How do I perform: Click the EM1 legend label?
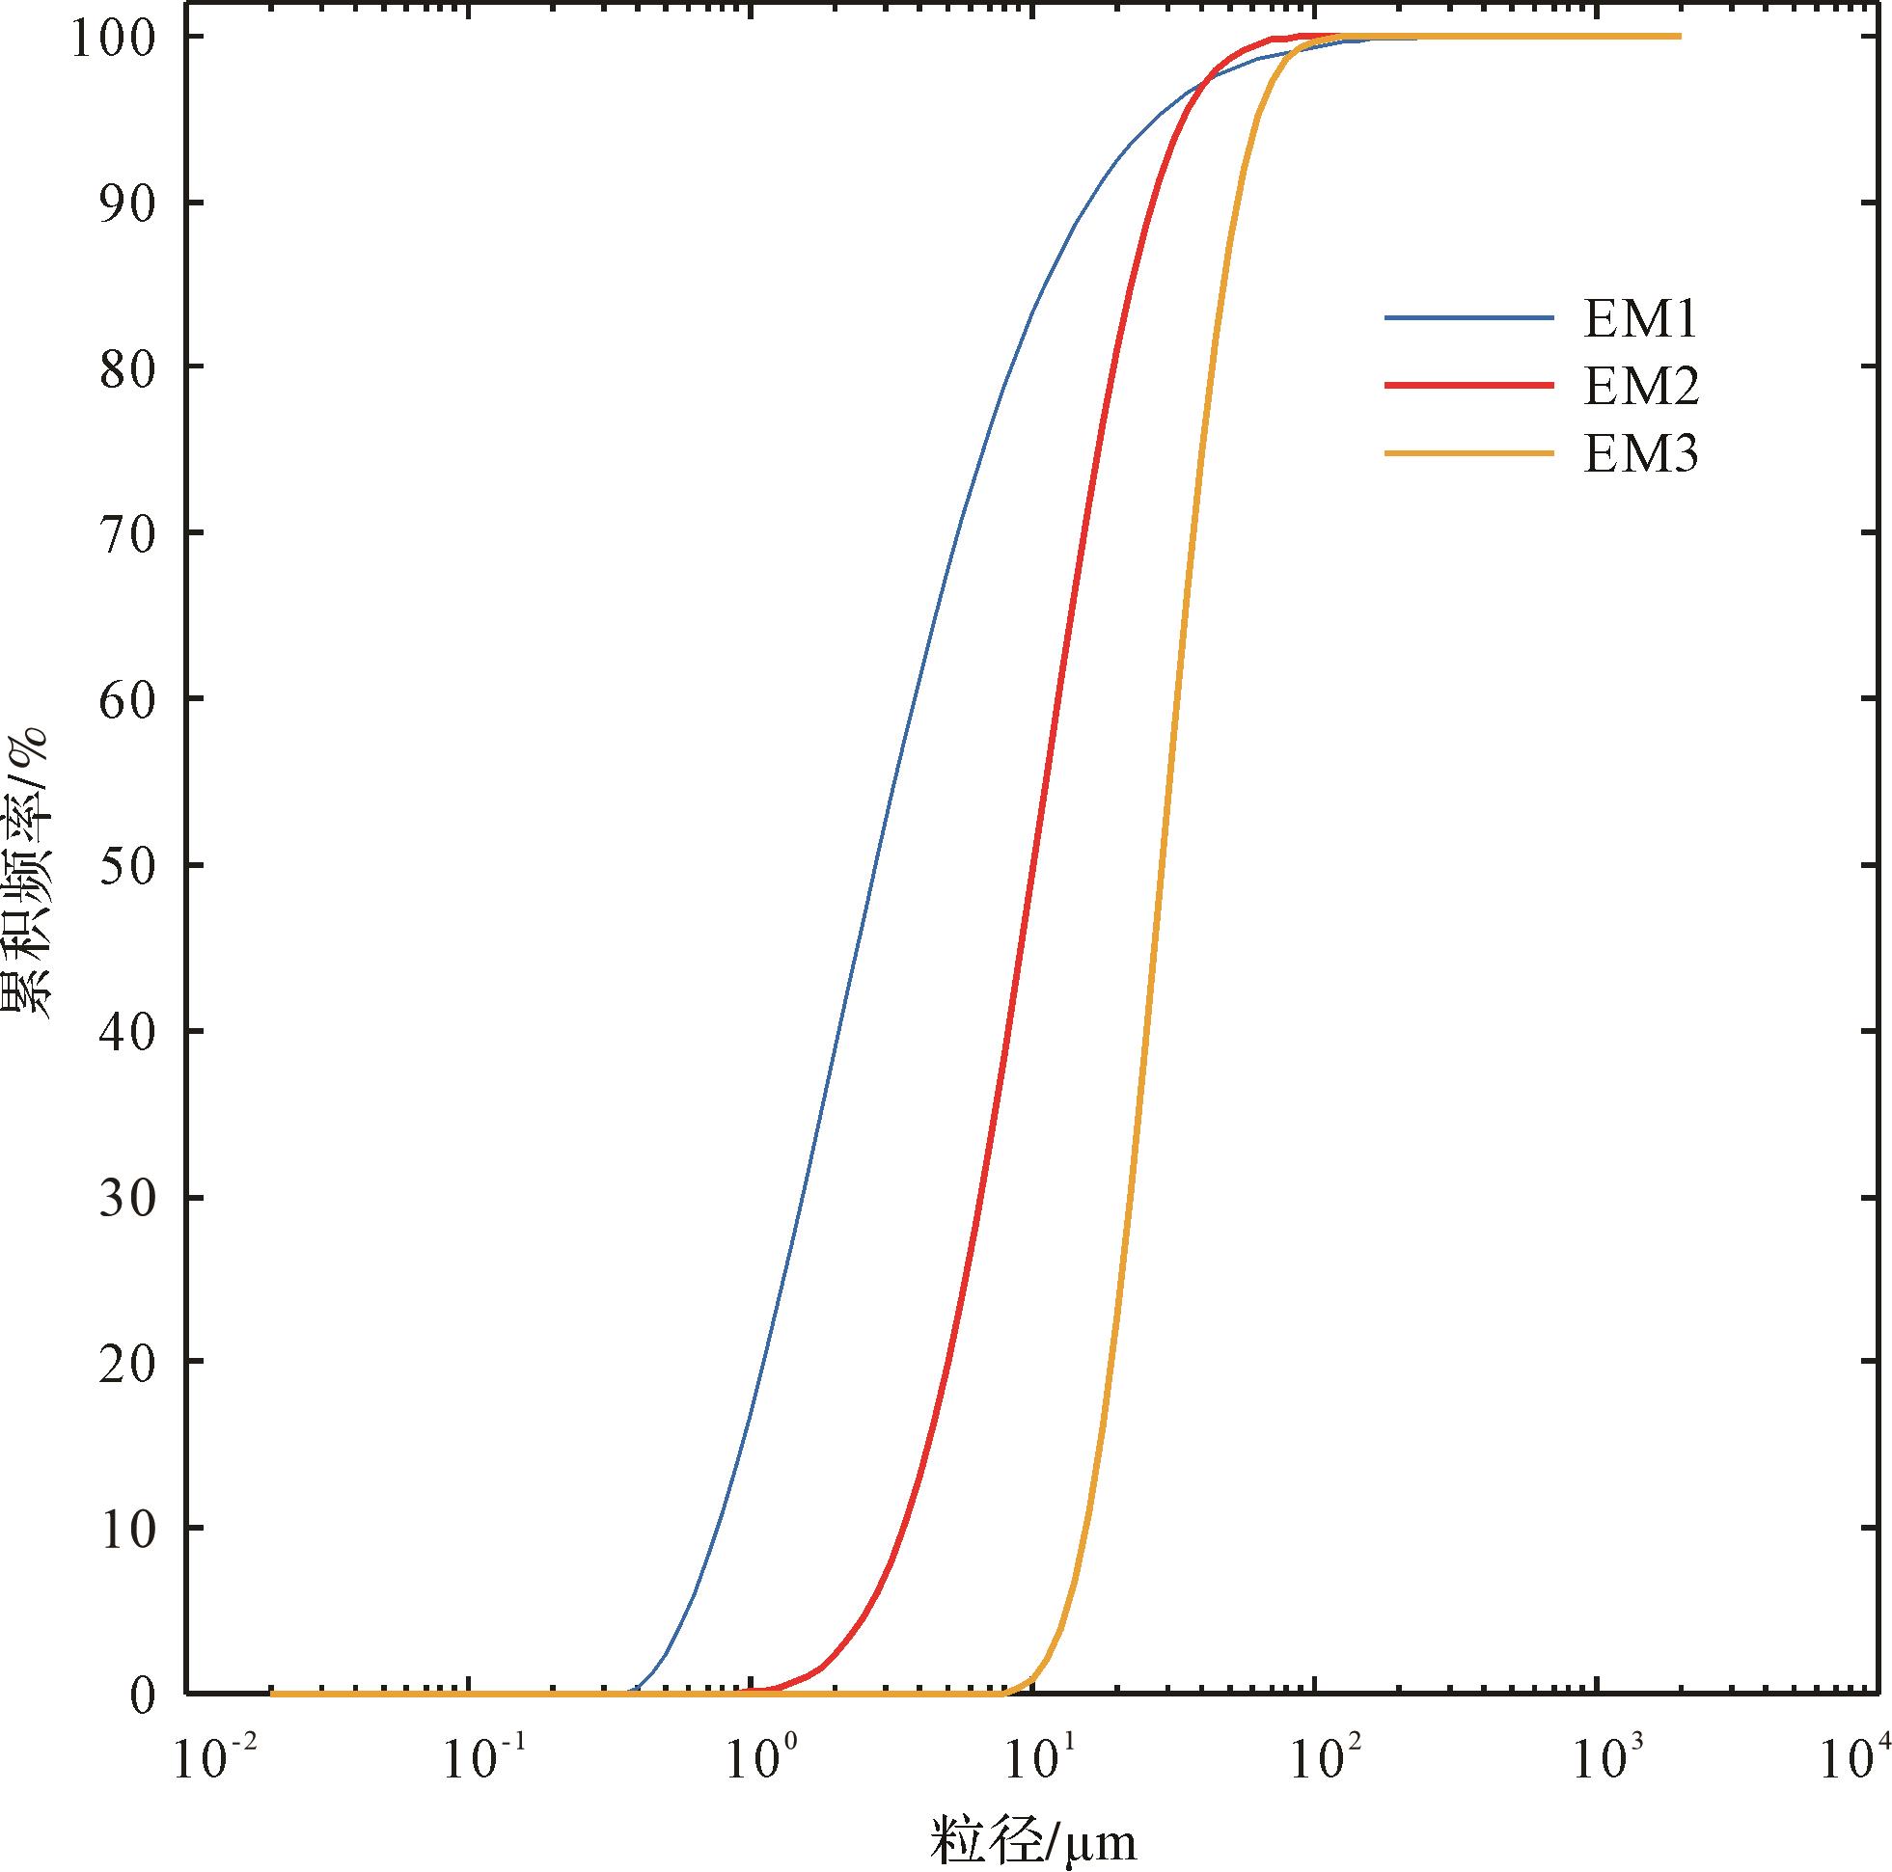(x=1640, y=319)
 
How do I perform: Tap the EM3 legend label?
(x=1641, y=453)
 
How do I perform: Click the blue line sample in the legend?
(x=1469, y=318)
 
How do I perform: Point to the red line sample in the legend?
(x=1469, y=386)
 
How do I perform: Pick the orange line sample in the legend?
(x=1469, y=453)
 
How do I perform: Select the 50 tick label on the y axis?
(x=128, y=865)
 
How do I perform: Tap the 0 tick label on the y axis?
(x=144, y=1695)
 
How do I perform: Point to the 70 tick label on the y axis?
(x=128, y=534)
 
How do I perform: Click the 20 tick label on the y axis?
(x=128, y=1362)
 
